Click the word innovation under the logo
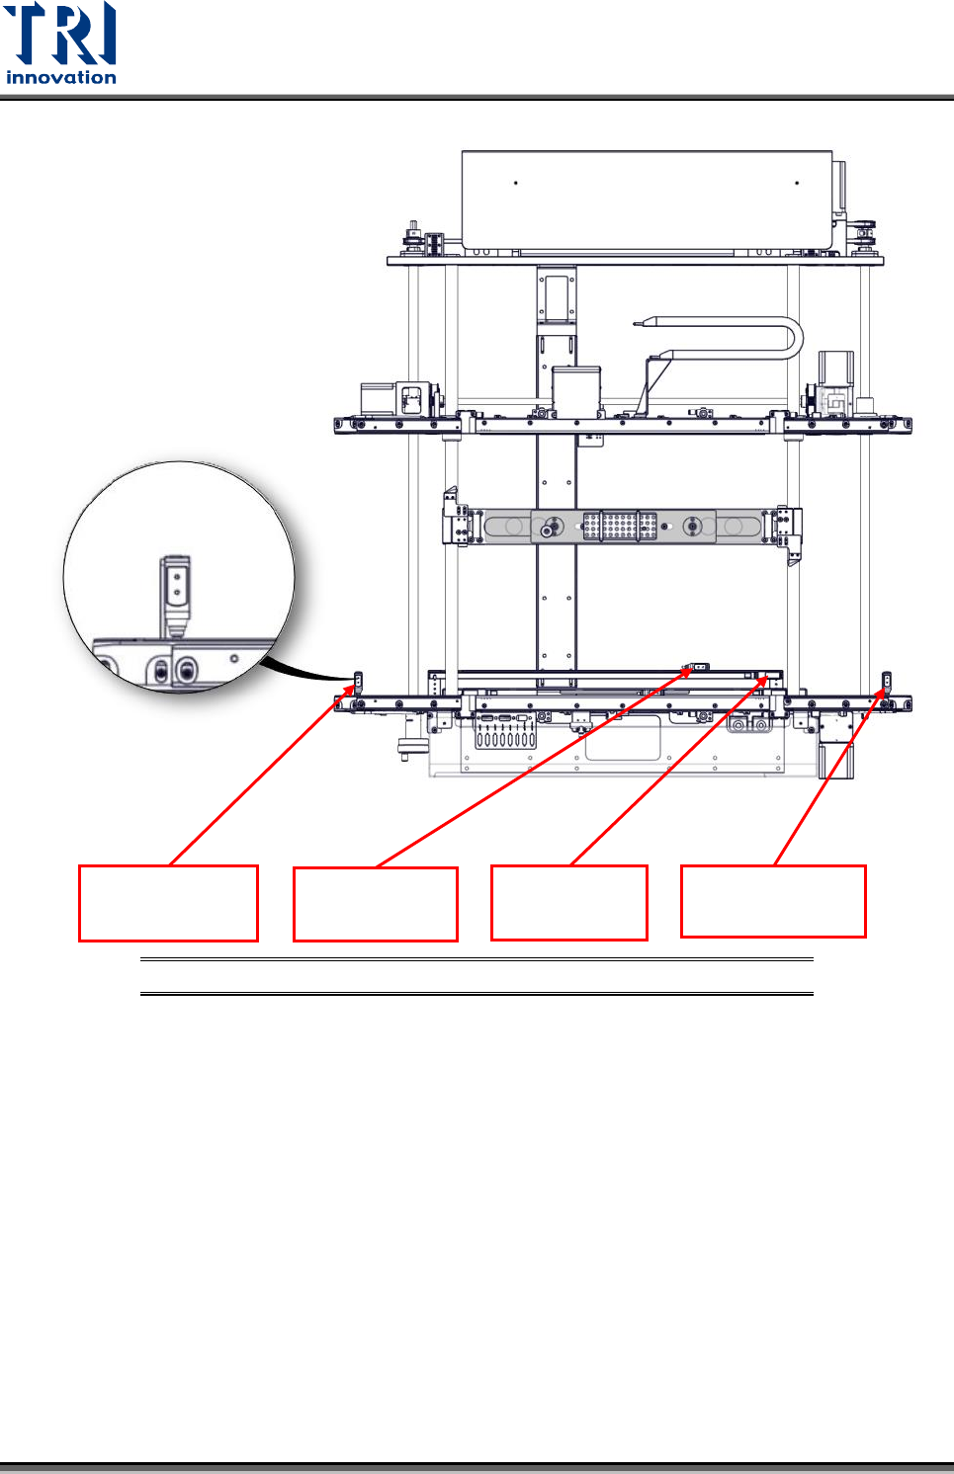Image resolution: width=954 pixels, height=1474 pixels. point(61,77)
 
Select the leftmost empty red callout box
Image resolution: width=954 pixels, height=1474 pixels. point(168,903)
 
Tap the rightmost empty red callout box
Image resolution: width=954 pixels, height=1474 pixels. point(773,901)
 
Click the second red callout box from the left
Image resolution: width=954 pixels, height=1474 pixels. point(376,904)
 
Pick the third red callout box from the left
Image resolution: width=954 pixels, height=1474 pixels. point(569,903)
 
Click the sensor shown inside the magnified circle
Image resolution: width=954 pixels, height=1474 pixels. point(176,593)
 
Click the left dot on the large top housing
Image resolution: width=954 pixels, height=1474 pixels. point(516,183)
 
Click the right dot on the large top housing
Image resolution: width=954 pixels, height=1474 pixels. point(797,183)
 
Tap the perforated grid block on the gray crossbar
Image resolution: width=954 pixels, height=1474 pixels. point(620,526)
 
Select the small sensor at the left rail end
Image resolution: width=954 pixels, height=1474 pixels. point(358,681)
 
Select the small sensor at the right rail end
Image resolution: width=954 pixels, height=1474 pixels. point(887,681)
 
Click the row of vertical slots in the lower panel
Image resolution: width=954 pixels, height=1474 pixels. point(505,738)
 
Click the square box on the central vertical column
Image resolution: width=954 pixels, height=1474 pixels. point(576,387)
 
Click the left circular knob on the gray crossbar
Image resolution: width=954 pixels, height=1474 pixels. point(551,527)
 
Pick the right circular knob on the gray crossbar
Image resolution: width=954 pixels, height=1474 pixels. point(693,527)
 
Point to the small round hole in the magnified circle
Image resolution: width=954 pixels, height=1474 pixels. point(234,658)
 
